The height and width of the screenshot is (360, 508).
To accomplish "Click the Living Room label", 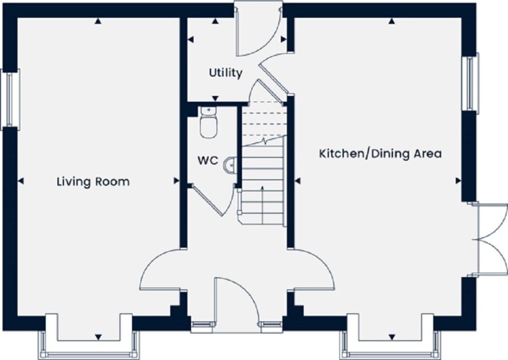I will coord(93,182).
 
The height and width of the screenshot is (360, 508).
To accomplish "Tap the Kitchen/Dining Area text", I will coord(380,153).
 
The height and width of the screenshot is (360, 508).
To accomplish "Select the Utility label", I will coord(226,73).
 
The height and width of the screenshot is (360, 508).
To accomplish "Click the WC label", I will coord(207,160).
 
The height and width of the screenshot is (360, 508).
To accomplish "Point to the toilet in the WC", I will coord(208,123).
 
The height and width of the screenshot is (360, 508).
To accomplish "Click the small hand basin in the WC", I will coord(230,165).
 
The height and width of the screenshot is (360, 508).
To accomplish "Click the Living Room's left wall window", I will coord(9,99).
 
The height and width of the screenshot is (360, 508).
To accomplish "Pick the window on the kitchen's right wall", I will coord(470,83).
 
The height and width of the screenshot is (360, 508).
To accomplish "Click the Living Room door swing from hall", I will coord(160,271).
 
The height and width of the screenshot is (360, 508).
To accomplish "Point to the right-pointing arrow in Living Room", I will coord(176,180).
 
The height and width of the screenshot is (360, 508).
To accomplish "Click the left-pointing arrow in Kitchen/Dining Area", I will coord(298,180).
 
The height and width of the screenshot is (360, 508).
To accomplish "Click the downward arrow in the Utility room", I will coord(215,98).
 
